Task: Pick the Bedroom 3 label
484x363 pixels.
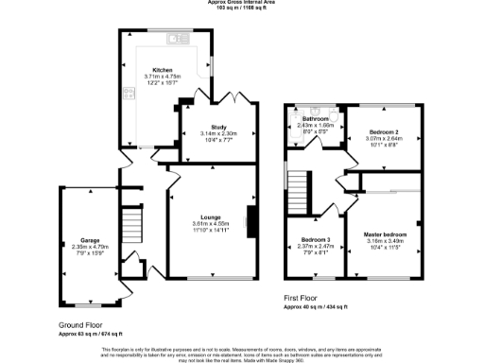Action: coord(316,239)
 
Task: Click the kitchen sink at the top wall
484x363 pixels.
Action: coord(174,39)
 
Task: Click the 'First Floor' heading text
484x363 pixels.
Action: coord(305,299)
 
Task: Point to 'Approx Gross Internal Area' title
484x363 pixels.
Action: coord(242,3)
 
